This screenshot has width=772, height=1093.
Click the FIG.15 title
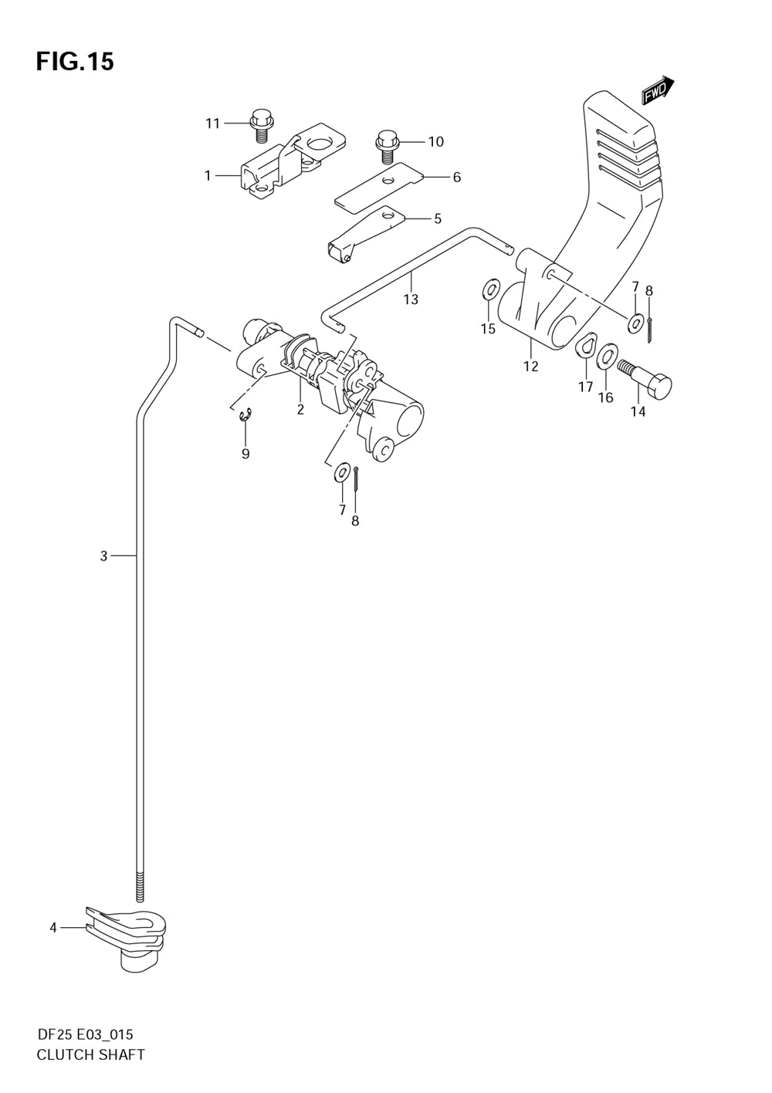[x=75, y=61]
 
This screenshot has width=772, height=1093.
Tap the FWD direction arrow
[x=657, y=90]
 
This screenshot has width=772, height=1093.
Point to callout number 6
[x=456, y=178]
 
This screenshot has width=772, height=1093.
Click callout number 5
[x=437, y=218]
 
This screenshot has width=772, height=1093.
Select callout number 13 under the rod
[x=411, y=299]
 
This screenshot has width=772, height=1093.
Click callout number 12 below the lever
[x=530, y=366]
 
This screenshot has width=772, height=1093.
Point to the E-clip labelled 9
[x=245, y=417]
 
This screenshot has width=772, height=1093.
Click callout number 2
[x=300, y=409]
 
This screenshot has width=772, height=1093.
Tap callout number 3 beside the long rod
[x=103, y=555]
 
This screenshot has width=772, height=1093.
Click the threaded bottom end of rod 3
[x=140, y=886]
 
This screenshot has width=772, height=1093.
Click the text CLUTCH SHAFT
[x=90, y=1054]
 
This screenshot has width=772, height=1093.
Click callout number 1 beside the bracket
[x=207, y=176]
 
